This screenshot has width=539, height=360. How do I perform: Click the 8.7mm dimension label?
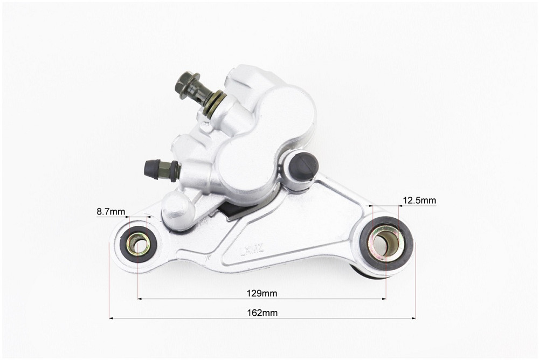110,212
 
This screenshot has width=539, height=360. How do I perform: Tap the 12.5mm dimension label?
419,200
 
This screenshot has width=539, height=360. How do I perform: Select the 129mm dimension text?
261,293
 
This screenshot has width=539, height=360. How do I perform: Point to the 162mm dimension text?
262,313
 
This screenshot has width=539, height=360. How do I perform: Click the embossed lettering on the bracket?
252,250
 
